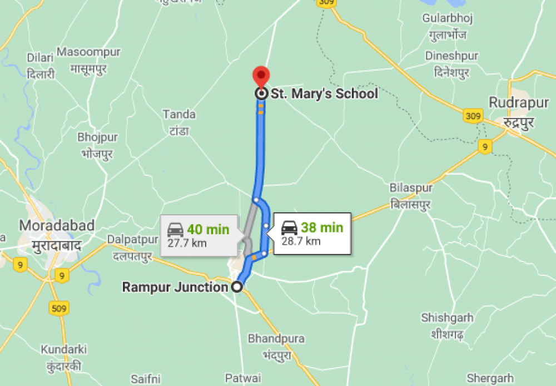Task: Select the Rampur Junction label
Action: [175, 287]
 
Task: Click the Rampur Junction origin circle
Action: [237, 287]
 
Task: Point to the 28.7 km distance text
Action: [301, 241]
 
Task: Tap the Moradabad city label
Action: [57, 225]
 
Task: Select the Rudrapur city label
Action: [511, 102]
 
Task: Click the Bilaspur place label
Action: [411, 188]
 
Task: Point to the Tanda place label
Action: [179, 115]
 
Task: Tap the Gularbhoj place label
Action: [448, 18]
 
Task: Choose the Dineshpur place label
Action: [451, 56]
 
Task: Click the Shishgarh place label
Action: [447, 318]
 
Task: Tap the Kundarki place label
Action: [63, 349]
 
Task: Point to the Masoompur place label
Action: [88, 52]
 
